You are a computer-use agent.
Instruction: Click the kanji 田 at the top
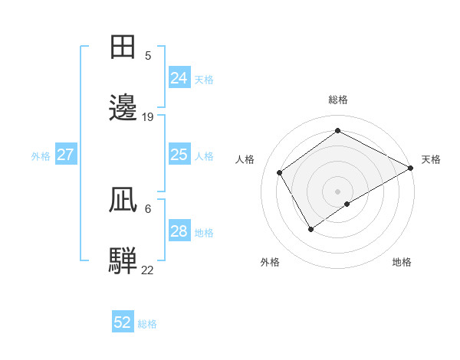123,48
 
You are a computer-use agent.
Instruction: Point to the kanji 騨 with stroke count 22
123,260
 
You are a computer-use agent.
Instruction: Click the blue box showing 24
179,78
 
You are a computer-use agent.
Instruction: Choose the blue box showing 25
179,155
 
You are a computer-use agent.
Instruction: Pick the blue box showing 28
179,231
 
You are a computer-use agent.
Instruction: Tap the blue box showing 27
65,155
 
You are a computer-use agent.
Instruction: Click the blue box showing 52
123,322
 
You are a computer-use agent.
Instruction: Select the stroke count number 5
148,56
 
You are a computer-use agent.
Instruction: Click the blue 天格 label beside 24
204,80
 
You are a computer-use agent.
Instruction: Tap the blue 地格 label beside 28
204,233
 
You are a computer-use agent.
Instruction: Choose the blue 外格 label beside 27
41,156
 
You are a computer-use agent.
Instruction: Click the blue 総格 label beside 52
147,324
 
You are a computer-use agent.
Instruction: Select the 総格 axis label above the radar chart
338,100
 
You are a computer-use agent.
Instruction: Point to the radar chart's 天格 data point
412,169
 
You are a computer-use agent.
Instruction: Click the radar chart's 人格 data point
280,172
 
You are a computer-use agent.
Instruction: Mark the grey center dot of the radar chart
338,191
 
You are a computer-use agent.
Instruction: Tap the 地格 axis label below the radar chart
402,262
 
